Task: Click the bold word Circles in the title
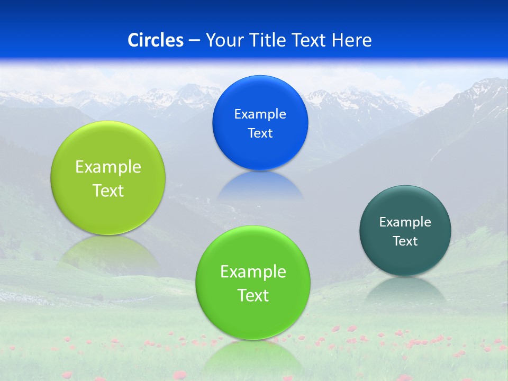click(156, 40)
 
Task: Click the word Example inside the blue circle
click(260, 114)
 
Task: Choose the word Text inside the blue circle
click(260, 133)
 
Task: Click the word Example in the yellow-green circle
click(108, 167)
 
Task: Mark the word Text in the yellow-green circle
click(108, 191)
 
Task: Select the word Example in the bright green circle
click(253, 272)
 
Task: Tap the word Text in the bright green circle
click(253, 296)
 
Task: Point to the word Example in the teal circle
click(405, 222)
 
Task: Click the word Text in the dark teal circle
click(405, 241)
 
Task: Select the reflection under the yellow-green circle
click(108, 251)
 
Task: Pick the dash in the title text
click(194, 41)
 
